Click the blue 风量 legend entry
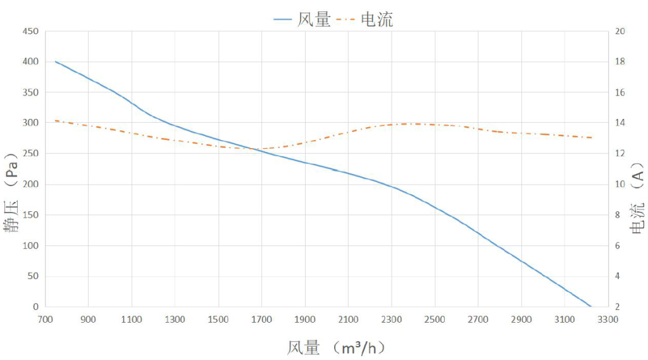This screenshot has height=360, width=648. coord(302,20)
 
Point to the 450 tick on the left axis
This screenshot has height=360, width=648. coord(30,31)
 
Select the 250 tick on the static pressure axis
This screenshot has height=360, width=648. coord(30,154)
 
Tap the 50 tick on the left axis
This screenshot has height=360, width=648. coord(32,276)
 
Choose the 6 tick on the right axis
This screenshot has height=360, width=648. coord(620,245)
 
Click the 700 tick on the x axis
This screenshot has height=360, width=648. coord(45,320)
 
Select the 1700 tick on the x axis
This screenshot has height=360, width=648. coord(261,320)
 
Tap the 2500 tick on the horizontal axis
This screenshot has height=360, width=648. coord(434,320)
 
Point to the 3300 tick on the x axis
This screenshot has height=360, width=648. coord(607,320)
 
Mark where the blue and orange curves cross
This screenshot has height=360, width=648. coord(256,150)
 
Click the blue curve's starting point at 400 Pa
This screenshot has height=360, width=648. coord(56,61)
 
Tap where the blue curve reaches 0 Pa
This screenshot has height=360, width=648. coord(591,307)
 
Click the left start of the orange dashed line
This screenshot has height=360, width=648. coord(56,120)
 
